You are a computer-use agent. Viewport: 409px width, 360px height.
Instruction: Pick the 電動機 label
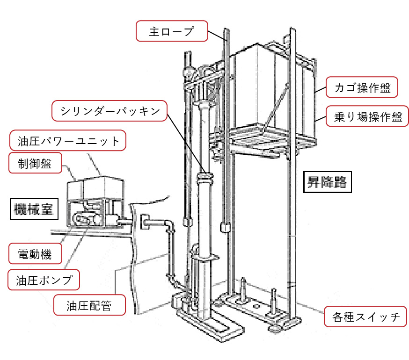(35, 255)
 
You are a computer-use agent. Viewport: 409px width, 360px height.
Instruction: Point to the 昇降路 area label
(327, 181)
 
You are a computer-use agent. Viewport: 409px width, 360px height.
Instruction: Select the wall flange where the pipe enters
(146, 222)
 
